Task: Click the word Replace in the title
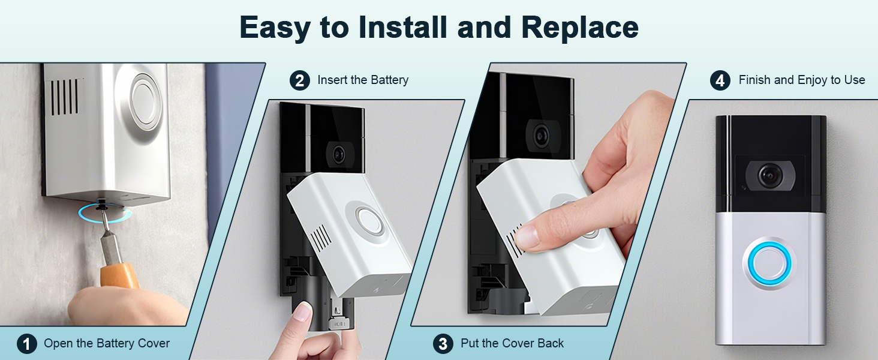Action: pos(580,28)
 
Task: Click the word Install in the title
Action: pos(403,28)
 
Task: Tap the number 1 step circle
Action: pos(26,344)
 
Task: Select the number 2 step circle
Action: pos(300,80)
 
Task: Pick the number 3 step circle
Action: pos(443,344)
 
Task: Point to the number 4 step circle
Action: pos(720,80)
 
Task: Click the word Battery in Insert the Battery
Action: pos(390,80)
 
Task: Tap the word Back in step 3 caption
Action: pos(551,343)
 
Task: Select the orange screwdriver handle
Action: pos(119,276)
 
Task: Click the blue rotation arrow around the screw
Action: pos(105,214)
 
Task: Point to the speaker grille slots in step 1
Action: pos(65,97)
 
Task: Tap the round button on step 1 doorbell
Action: pos(145,100)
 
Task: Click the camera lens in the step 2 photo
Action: pos(338,155)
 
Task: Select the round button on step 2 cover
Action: pos(369,221)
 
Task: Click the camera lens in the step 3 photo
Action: pos(542,134)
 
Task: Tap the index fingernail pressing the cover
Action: pos(527,236)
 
